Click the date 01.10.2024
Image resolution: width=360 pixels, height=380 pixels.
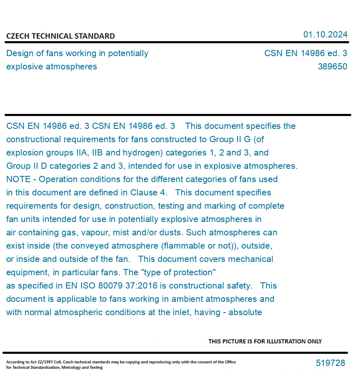coord(325,35)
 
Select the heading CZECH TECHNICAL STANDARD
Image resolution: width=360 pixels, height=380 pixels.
coord(60,36)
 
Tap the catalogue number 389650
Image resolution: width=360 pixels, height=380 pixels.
coord(332,67)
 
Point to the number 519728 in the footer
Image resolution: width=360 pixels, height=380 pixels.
coord(330,363)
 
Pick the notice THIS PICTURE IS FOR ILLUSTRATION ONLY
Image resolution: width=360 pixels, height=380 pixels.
coord(265,341)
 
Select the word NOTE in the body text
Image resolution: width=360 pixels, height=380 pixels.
coord(18,179)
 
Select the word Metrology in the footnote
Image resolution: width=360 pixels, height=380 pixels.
coord(72,368)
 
